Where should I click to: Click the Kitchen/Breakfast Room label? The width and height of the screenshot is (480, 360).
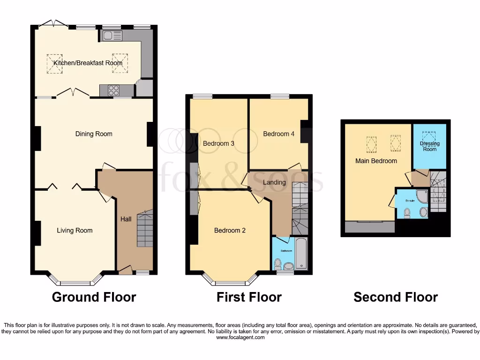tap(88, 63)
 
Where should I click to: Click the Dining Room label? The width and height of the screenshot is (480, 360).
tap(94, 134)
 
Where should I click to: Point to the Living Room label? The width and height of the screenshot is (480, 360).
tap(75, 230)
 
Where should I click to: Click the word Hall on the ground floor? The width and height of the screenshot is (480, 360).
tap(126, 219)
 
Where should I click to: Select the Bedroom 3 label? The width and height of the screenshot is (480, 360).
tap(218, 143)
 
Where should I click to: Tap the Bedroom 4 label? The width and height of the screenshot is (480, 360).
tap(278, 134)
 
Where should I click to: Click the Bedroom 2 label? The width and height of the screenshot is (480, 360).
tap(230, 230)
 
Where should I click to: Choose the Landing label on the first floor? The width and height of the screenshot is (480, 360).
tap(274, 182)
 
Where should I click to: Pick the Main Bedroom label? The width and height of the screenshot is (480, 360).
tap(375, 161)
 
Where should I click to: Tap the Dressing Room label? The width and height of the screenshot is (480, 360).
tap(430, 146)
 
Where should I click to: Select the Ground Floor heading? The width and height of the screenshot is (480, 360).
tap(94, 297)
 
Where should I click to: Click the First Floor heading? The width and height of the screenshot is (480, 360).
tap(249, 297)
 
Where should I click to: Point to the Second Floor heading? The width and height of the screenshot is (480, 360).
tap(396, 297)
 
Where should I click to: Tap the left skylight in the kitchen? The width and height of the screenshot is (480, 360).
tap(54, 63)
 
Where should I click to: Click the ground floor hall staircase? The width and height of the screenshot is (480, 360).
tap(145, 229)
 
